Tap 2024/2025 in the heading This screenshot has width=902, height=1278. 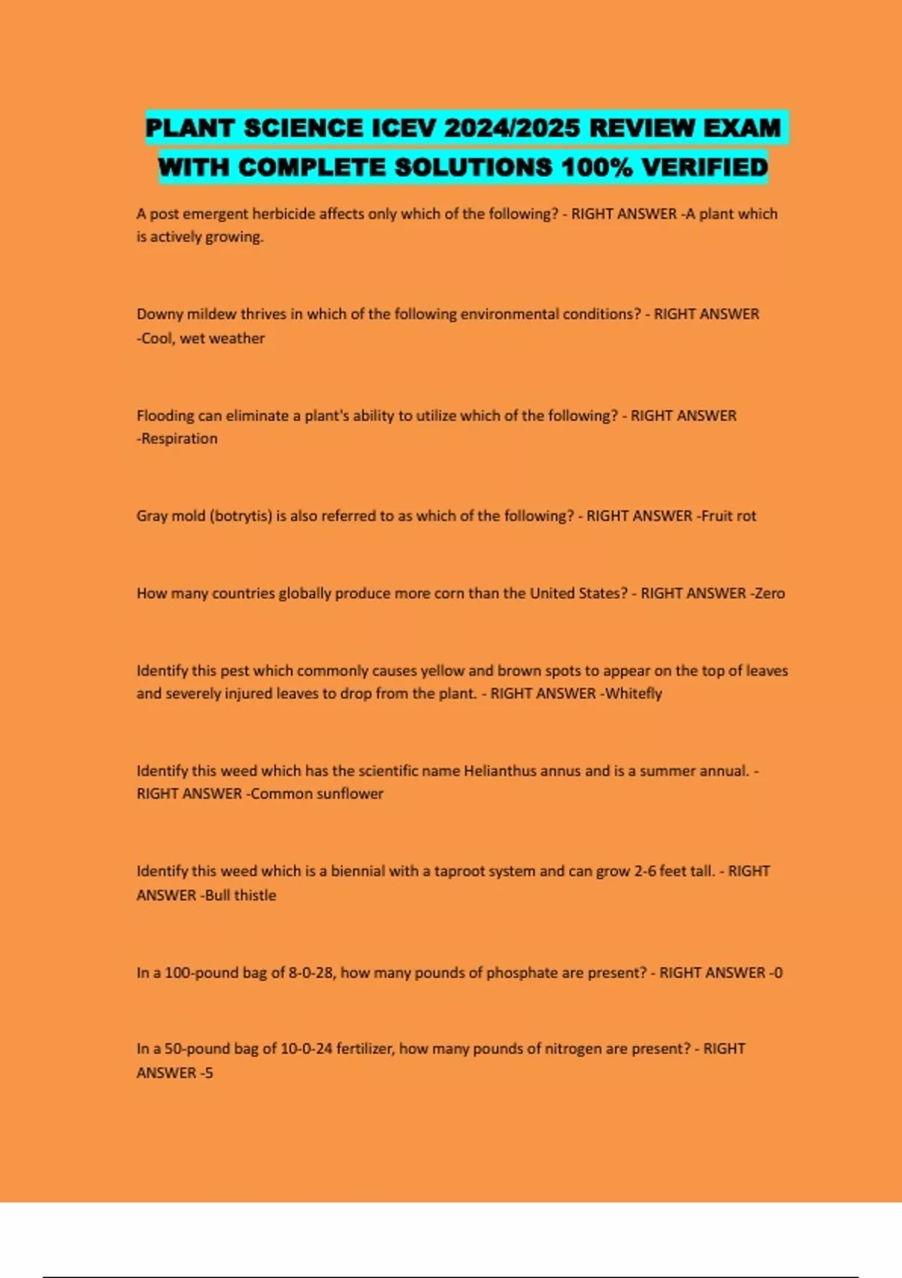tap(512, 128)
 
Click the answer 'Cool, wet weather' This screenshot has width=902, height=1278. tap(203, 338)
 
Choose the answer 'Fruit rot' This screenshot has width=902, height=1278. tap(728, 516)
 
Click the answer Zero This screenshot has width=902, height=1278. tap(770, 593)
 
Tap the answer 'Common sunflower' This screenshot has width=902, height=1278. tap(317, 794)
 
